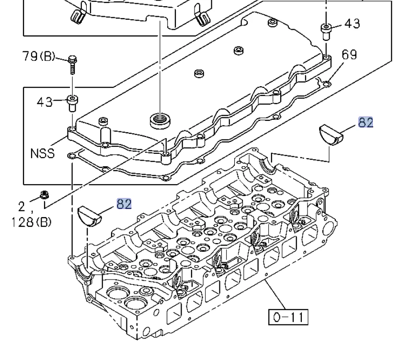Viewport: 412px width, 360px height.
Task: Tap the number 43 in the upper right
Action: click(352, 23)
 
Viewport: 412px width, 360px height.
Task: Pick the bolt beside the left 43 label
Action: click(73, 101)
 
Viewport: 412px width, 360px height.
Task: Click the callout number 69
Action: click(349, 54)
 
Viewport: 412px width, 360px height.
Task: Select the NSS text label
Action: click(42, 154)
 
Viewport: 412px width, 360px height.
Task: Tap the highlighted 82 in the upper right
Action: click(366, 122)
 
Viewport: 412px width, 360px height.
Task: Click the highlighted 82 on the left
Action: click(124, 204)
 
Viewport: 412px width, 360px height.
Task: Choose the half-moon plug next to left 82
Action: click(90, 214)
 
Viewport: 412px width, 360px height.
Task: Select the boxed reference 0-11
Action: click(287, 317)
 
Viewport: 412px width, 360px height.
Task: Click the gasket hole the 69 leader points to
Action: click(326, 84)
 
